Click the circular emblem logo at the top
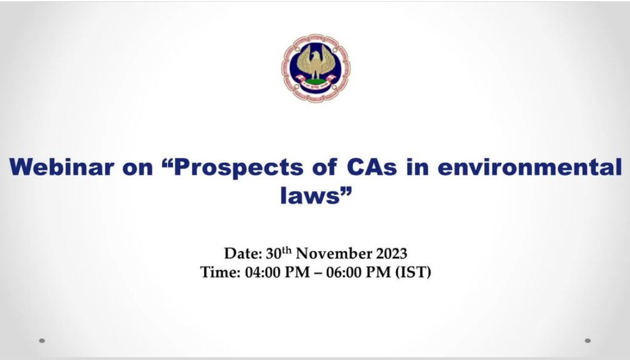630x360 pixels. [x=315, y=67]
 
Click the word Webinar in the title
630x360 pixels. [x=62, y=167]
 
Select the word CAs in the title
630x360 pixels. [x=371, y=167]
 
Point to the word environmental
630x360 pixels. [x=529, y=167]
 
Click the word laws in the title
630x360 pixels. [x=310, y=195]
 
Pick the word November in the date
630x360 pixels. [x=334, y=254]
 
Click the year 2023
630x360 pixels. [x=391, y=254]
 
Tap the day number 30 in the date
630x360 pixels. [x=274, y=254]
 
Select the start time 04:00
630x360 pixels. [x=262, y=272]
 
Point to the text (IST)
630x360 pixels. [x=413, y=272]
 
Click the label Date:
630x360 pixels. [x=243, y=254]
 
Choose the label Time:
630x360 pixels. [x=220, y=272]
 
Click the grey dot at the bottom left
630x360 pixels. [x=42, y=341]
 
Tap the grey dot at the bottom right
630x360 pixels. [x=588, y=341]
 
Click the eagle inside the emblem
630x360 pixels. [x=316, y=62]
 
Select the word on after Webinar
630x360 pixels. [x=138, y=169]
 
